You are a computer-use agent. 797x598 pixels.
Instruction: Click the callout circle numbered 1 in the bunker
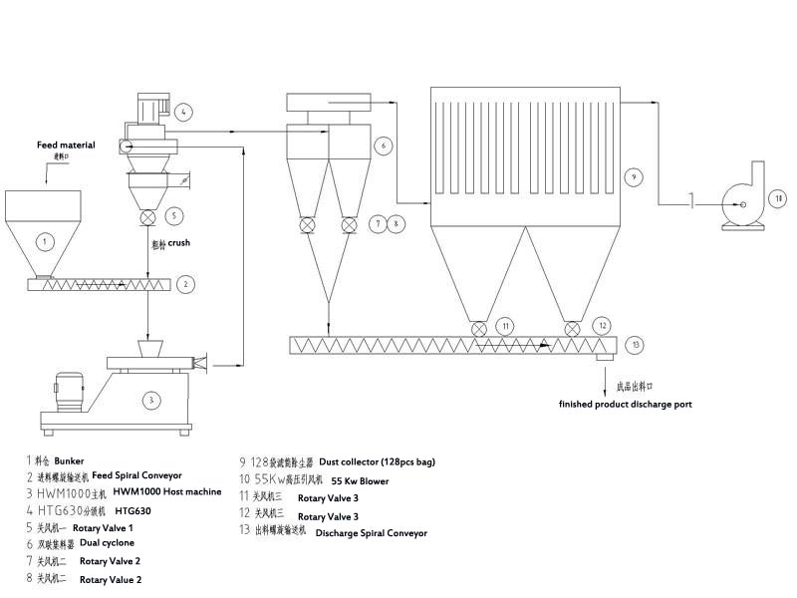43,240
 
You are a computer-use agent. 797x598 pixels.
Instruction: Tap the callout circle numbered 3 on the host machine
150,400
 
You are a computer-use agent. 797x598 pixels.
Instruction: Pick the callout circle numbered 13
637,345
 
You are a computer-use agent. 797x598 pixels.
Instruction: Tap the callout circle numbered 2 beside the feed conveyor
185,284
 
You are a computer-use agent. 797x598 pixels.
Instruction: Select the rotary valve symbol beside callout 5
147,215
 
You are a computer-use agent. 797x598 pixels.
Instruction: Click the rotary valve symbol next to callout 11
479,327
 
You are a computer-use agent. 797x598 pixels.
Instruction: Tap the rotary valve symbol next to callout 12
573,327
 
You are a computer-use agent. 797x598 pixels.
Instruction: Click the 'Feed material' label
66,146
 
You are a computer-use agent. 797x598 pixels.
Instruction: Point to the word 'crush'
178,242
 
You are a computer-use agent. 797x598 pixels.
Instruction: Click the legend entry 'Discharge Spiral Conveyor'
371,533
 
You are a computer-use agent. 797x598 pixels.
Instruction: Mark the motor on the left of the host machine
68,391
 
